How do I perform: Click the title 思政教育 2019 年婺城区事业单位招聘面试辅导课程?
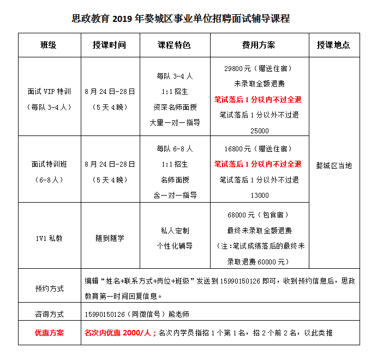coord(181,19)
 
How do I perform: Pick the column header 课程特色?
coord(174,45)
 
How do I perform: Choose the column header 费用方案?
coord(259,45)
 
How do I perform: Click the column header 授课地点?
coord(333,45)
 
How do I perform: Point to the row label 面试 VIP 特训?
coord(49,91)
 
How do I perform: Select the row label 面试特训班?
coord(49,164)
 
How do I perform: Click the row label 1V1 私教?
coord(49,238)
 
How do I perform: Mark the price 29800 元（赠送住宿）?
coord(259,69)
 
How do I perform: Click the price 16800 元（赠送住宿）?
coord(259,149)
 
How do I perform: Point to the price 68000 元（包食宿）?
coord(259,215)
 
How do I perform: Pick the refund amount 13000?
coord(259,195)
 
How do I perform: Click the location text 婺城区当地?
coord(334,166)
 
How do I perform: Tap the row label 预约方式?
coord(49,288)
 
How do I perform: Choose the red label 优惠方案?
coord(49,333)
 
